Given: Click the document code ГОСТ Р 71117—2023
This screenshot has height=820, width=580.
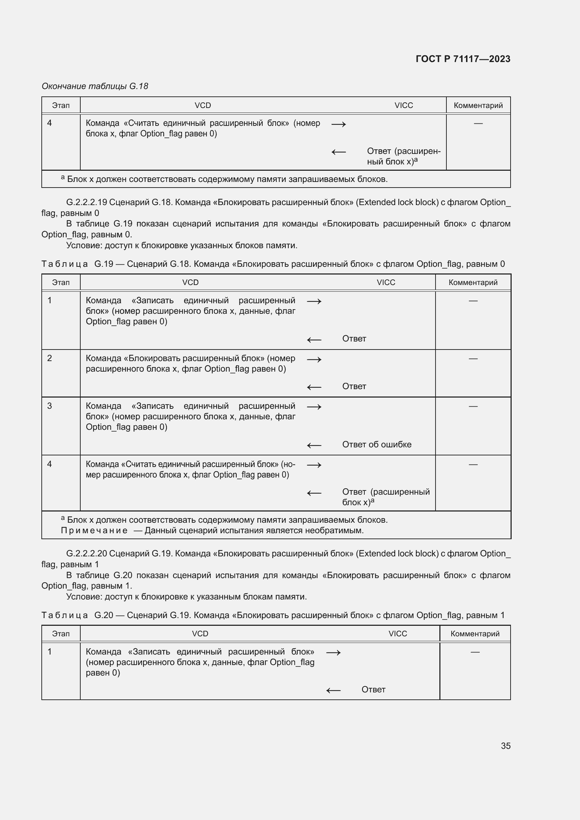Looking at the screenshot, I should pos(463,59).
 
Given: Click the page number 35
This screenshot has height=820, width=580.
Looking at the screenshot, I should pos(505,746).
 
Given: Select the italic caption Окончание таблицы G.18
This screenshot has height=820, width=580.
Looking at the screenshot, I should pos(95,86).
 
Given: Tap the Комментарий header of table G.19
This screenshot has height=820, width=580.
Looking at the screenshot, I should pos(473,283).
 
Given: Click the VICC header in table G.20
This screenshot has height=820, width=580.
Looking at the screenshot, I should pos(398,633).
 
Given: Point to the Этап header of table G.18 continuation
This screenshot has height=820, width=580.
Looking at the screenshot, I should pos(61,106).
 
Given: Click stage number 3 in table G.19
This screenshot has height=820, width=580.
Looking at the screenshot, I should pos(50,406).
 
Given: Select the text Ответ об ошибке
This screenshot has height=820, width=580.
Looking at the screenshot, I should pos(376,445).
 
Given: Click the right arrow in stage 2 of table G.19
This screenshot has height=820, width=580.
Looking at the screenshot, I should pos(314,360).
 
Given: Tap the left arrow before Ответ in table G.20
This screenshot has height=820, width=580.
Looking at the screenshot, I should pos(333,691).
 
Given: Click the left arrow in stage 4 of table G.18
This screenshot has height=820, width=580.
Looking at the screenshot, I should pos(339,152).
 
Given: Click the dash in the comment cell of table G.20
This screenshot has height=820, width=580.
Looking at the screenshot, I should pos(475,652).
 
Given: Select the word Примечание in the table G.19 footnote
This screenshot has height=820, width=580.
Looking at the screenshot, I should pos(94,530).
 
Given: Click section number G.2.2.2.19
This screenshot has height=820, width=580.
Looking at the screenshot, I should pos(86,203).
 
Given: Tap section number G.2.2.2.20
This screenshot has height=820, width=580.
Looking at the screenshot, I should pos(86,554).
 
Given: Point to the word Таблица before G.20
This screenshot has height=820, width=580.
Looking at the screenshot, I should pos(64,615).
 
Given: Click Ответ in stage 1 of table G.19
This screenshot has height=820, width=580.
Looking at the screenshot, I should pos(354,339).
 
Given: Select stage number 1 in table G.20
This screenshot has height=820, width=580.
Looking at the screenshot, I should pos(50,652).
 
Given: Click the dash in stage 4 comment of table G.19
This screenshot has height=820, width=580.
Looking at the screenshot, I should pos(473,465).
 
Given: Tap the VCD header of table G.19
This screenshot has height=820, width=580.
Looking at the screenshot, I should pos(190,283).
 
